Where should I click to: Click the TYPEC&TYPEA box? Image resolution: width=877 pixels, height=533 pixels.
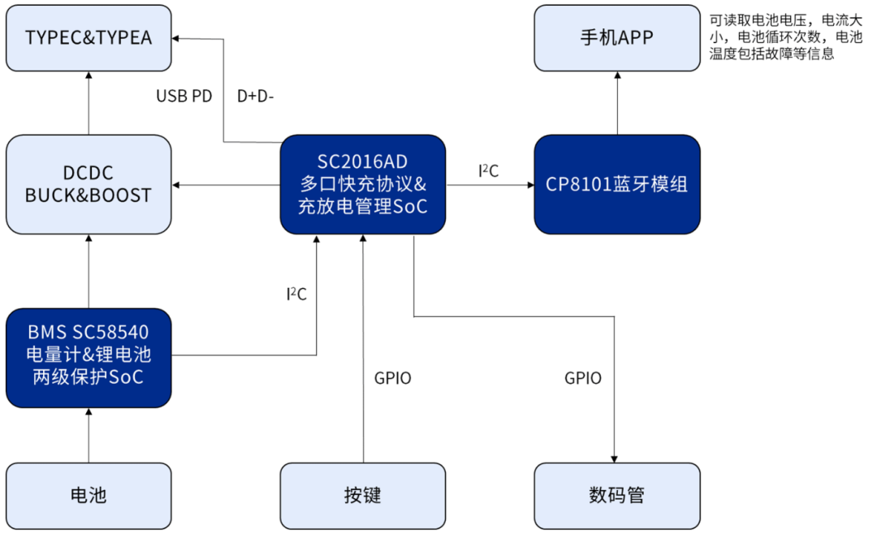[89, 38]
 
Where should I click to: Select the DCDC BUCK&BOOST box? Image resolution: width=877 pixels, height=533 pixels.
[89, 185]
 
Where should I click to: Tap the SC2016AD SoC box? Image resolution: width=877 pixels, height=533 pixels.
[362, 185]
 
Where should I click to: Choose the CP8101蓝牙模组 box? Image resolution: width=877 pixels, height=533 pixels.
[617, 185]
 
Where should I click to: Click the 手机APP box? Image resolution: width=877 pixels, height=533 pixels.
[617, 38]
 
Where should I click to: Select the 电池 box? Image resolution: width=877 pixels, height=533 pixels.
[89, 495]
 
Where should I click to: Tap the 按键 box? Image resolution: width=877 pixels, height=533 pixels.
[362, 495]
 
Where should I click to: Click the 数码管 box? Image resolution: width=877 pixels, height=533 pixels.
[617, 495]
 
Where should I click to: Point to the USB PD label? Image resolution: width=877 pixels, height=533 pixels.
[184, 97]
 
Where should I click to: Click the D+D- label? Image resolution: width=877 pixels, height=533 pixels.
[256, 97]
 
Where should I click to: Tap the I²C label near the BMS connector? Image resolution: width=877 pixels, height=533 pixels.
[296, 294]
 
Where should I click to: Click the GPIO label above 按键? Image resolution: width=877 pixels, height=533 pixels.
[393, 378]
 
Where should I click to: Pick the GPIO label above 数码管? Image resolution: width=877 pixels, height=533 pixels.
[583, 378]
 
